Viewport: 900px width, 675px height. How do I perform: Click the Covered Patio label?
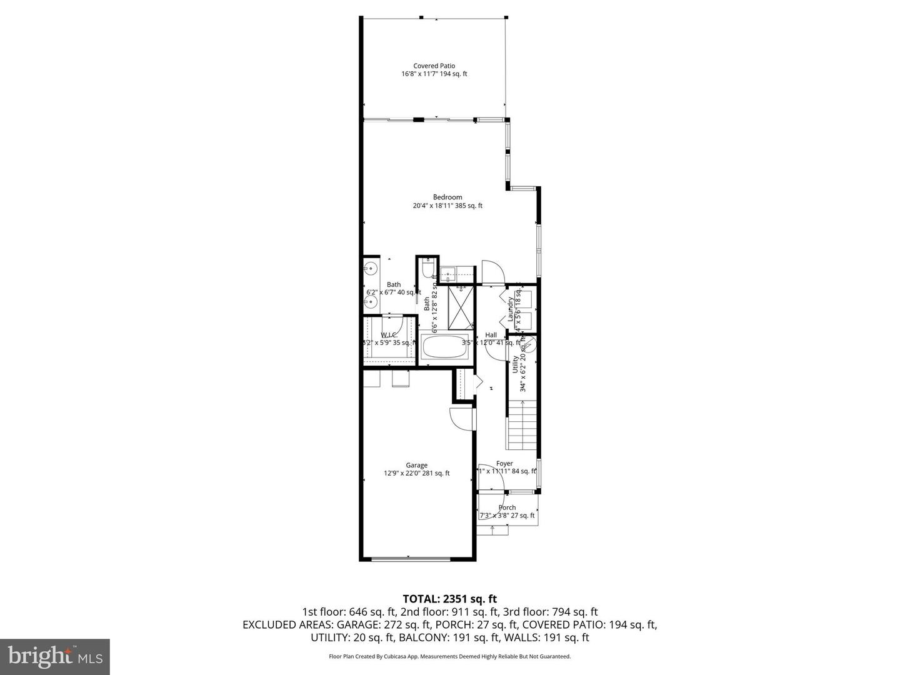[x=434, y=66]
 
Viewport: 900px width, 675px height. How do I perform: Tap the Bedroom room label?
[x=447, y=197]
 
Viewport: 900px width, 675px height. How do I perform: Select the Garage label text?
[x=416, y=465]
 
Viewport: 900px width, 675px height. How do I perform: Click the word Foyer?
[x=504, y=464]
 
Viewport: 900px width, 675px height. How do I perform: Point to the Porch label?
[x=507, y=507]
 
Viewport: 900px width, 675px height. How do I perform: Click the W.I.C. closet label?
[x=389, y=335]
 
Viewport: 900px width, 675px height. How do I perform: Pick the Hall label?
[x=491, y=335]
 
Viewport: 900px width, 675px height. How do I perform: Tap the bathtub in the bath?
[x=444, y=348]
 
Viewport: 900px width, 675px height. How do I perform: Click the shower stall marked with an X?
[x=462, y=307]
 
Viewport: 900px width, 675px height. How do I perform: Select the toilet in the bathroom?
[x=427, y=269]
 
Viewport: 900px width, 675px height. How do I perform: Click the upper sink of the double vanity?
[x=371, y=269]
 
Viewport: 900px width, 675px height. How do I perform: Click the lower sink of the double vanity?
[x=371, y=302]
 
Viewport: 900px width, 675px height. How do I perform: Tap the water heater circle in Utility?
[x=529, y=342]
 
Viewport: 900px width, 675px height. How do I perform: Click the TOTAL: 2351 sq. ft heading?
[x=449, y=599]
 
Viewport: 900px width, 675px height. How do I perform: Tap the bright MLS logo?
[x=55, y=656]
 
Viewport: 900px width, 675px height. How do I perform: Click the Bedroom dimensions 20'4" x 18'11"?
[x=447, y=206]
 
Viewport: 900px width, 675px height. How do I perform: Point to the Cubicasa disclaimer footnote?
[x=449, y=656]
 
